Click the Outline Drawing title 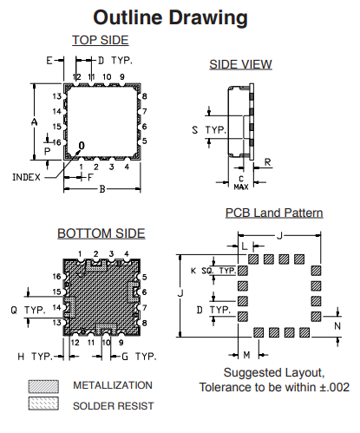(x=170, y=18)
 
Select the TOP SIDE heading (x=101, y=40)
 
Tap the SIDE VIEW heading (x=240, y=64)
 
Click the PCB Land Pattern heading (x=274, y=213)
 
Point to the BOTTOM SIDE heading (x=101, y=233)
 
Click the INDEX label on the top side (x=26, y=177)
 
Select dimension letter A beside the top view (x=35, y=121)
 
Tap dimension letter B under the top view (x=102, y=189)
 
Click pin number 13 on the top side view (x=57, y=96)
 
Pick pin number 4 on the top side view (x=127, y=167)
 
